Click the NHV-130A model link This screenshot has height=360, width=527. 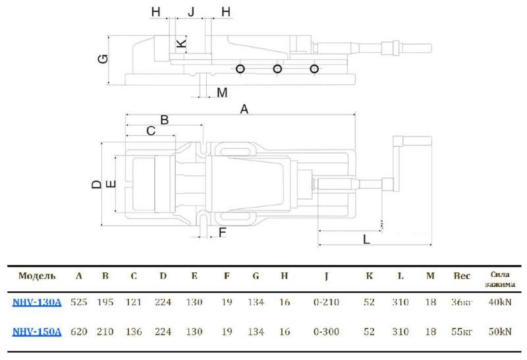37,303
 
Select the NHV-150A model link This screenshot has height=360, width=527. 37,332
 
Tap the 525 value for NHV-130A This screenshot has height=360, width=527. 79,303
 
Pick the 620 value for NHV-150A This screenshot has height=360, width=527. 79,332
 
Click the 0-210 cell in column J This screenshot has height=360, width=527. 327,303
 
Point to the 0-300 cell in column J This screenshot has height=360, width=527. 327,332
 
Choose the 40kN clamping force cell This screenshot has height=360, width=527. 501,303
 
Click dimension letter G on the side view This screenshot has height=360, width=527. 103,59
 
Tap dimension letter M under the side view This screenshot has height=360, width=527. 222,92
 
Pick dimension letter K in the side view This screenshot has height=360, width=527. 182,45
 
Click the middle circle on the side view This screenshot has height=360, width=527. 278,69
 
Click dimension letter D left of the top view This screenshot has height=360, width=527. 96,184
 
